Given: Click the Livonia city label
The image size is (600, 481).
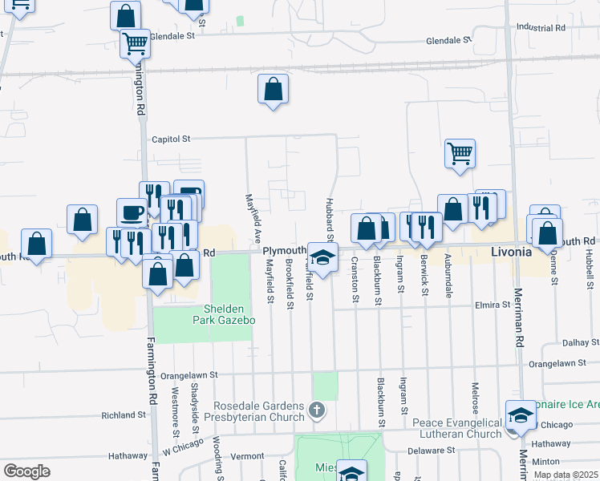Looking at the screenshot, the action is [511, 252].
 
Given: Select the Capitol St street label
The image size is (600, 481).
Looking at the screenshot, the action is [171, 139].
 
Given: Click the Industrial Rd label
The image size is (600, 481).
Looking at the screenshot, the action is [541, 26].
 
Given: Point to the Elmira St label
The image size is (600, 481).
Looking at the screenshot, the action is [493, 305].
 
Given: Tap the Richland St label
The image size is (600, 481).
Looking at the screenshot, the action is [123, 415].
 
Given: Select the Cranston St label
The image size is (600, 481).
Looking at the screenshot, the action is [355, 281].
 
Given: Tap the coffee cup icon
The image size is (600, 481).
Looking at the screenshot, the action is [132, 213].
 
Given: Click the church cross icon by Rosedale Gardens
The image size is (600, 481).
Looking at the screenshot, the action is [317, 411].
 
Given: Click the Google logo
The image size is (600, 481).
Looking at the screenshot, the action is [26, 471].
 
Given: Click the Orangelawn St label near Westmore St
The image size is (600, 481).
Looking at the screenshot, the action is [189, 374].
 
